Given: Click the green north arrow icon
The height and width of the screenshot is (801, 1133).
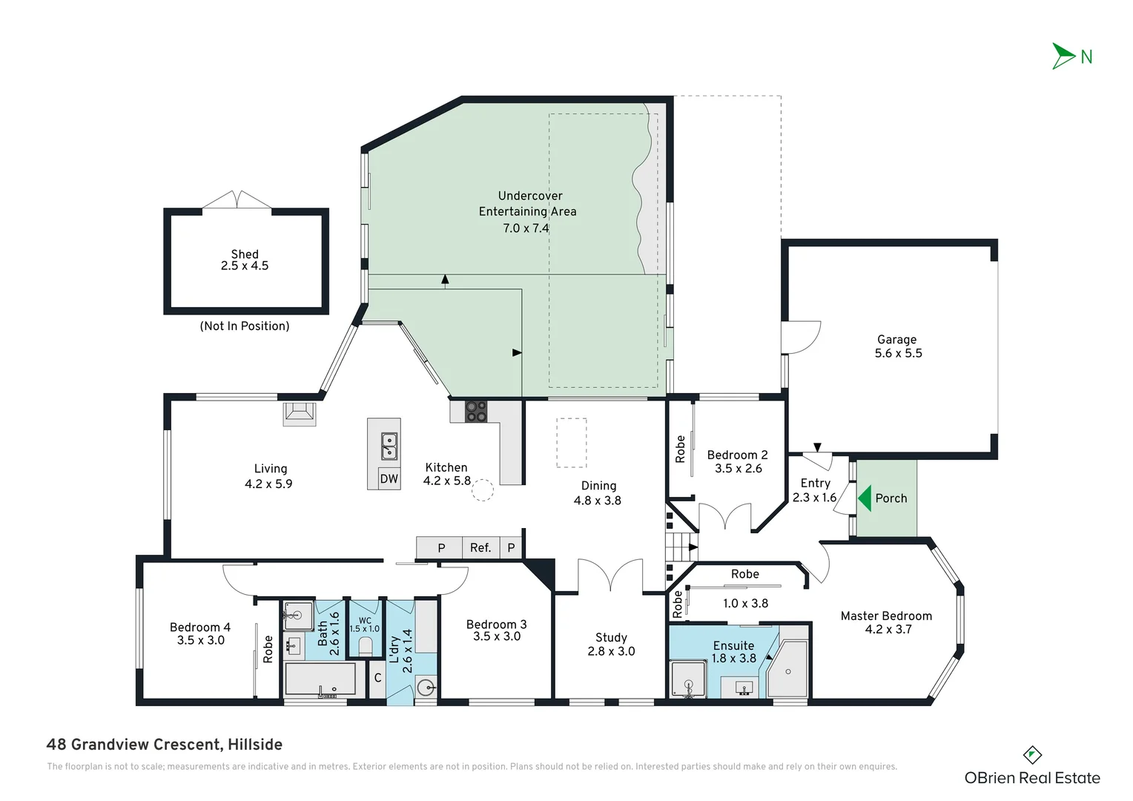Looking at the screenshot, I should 1064,56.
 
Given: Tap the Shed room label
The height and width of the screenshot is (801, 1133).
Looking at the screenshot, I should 245,254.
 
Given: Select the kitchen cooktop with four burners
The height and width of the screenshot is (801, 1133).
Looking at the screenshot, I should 476,412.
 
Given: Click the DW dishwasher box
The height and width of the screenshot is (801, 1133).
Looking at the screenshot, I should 389,478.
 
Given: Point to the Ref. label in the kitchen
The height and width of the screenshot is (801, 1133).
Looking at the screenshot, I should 480,548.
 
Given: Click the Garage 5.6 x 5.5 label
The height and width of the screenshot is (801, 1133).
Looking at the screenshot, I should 898,346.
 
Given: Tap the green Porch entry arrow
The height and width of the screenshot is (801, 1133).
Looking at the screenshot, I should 865,498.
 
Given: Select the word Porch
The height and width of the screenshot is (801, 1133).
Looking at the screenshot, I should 891,498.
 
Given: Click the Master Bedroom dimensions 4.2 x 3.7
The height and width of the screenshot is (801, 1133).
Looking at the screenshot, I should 888,630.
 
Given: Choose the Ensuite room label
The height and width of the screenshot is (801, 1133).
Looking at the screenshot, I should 733,645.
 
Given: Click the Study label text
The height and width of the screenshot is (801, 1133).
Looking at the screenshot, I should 611,637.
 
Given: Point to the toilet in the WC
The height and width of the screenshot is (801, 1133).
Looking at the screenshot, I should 365,647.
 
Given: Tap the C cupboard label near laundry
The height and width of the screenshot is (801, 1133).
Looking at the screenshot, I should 377,678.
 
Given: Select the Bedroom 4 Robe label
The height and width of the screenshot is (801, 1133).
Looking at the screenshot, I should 268,649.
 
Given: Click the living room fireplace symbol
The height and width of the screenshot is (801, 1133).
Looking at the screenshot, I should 300,413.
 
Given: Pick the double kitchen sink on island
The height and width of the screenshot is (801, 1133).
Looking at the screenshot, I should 389,446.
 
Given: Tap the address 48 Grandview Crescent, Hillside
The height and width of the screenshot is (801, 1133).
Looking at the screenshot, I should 164,745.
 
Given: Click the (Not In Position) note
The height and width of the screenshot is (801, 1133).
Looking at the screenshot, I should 245,326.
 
